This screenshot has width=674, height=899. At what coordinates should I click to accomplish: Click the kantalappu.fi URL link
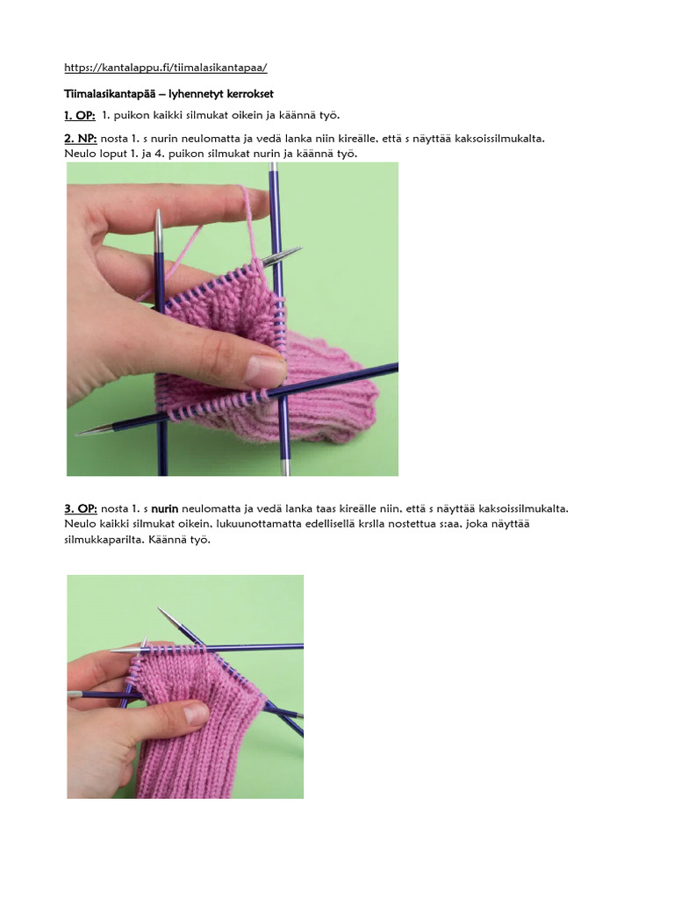point(166,67)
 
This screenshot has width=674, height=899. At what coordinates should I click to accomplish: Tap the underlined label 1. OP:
point(79,115)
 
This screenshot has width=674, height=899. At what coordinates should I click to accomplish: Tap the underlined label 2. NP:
point(80,139)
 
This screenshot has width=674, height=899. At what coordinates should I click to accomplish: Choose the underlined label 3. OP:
point(80,508)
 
